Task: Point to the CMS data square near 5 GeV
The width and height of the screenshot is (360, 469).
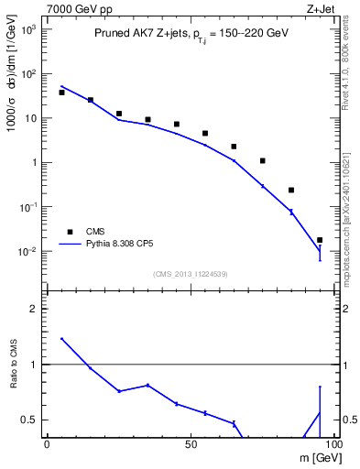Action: tap(61, 93)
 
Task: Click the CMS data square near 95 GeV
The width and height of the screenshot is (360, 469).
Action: tap(320, 240)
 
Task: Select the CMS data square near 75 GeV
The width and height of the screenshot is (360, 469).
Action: tap(262, 160)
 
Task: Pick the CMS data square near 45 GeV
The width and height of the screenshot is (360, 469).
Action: tap(176, 124)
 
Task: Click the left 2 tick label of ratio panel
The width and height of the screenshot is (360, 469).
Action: tap(34, 309)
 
